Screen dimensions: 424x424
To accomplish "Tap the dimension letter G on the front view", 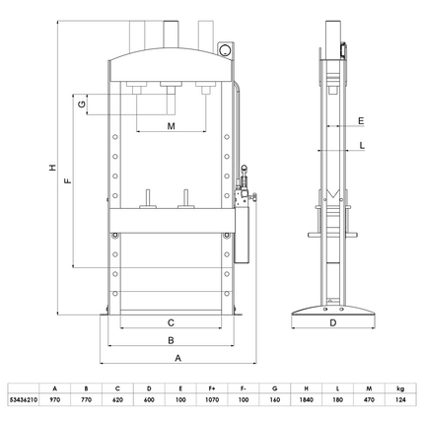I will [86, 104].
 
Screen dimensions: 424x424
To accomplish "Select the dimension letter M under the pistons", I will [171, 127].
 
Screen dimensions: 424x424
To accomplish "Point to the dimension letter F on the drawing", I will [67, 181].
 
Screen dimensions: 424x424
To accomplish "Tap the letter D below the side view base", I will [332, 322].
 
